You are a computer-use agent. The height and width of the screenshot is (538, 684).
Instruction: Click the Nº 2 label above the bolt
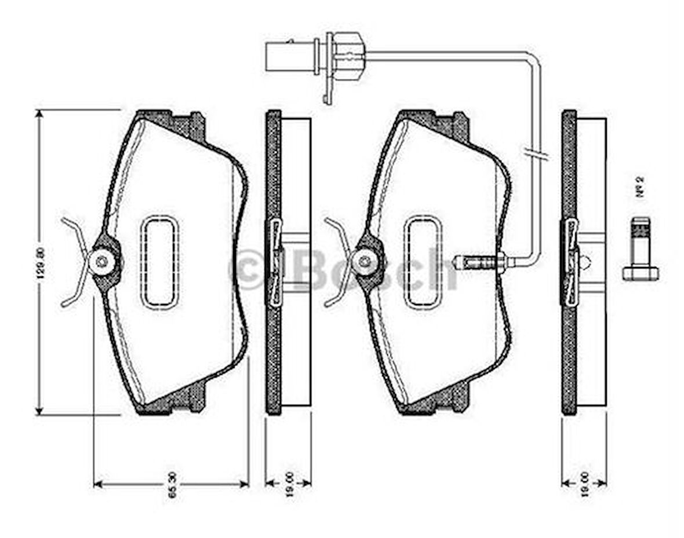coord(641,188)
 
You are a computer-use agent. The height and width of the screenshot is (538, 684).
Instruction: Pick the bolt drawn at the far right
coord(640,249)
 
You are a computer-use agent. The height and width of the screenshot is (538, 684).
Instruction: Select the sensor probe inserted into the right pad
coord(481,262)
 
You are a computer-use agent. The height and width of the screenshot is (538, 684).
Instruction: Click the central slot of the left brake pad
coord(159,262)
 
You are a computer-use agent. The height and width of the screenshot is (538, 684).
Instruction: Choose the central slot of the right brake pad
coord(423,262)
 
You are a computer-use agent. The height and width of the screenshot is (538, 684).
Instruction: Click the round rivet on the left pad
coord(103,262)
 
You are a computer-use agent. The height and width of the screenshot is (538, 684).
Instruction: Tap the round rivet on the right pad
coord(365,262)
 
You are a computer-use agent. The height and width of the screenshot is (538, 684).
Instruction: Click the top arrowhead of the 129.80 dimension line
coord(39,115)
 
